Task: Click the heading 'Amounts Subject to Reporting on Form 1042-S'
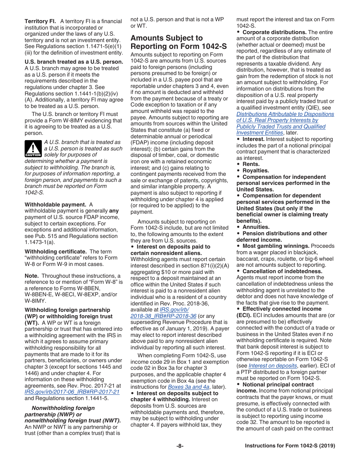coord(178,42)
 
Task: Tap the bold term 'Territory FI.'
coord(41,21)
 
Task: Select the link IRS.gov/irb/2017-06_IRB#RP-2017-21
coord(72,392)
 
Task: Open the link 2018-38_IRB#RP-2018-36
coord(163,316)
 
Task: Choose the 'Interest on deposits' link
coord(272,366)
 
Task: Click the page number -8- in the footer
coord(180,446)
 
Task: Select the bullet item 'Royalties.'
coord(255,170)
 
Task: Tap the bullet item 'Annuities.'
coord(256,227)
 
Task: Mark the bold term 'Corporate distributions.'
coord(274,32)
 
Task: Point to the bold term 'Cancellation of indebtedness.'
coord(282,271)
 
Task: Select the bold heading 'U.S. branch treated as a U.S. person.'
coord(74,62)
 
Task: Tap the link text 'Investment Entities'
coord(260,133)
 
